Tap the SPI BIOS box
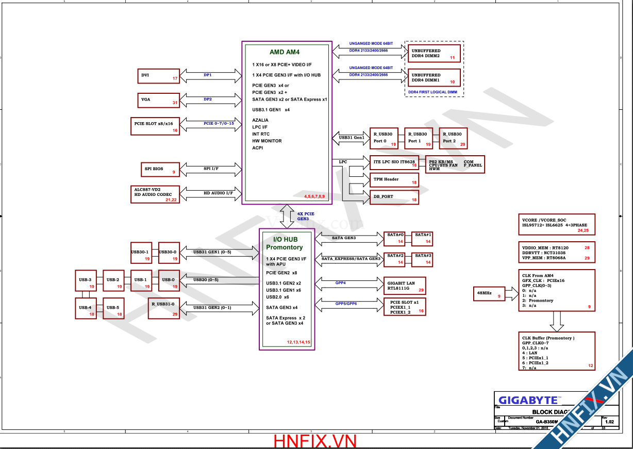pyautogui.click(x=159, y=169)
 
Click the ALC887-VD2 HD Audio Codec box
pyautogui.click(x=155, y=193)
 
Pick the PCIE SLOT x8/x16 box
pyautogui.click(x=155, y=126)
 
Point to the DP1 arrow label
pyautogui.click(x=207, y=75)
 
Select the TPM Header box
pyautogui.click(x=394, y=180)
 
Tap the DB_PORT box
pyautogui.click(x=394, y=196)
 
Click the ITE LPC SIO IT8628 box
pyautogui.click(x=394, y=162)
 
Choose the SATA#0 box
pyautogui.click(x=396, y=238)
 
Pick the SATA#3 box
pyautogui.click(x=423, y=259)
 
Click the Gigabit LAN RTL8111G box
pyautogui.click(x=406, y=286)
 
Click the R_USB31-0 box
pyautogui.click(x=164, y=307)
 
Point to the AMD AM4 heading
pyautogui.click(x=285, y=52)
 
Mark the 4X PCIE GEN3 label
pyautogui.click(x=306, y=216)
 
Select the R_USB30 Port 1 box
pyautogui.click(x=419, y=138)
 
